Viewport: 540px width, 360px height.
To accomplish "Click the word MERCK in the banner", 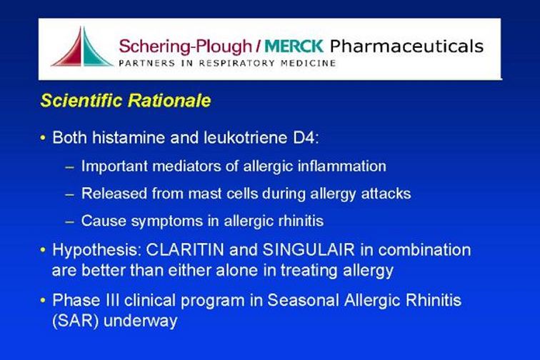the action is [x=294, y=46].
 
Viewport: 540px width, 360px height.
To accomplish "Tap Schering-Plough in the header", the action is [x=186, y=47].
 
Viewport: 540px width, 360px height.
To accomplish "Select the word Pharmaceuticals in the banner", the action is [x=406, y=46].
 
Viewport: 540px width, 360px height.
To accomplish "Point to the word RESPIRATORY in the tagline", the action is [x=236, y=63].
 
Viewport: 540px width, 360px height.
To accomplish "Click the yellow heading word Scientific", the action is [x=81, y=100].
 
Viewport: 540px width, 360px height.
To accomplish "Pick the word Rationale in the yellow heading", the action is [x=169, y=100].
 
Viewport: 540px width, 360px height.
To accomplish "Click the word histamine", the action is [x=129, y=138].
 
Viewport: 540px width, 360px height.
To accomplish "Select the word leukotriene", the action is [x=245, y=138].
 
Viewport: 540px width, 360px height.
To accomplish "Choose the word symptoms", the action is [x=166, y=221].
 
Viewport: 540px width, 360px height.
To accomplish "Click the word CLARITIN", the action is [x=185, y=250].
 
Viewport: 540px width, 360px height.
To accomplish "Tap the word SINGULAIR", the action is [x=309, y=250].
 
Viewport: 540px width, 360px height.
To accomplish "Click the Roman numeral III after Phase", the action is [x=111, y=300].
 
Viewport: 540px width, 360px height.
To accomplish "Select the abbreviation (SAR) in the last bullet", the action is [x=76, y=321].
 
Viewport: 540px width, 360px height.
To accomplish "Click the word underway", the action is [x=141, y=321].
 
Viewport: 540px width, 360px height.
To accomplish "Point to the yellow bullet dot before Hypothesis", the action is [x=43, y=250].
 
